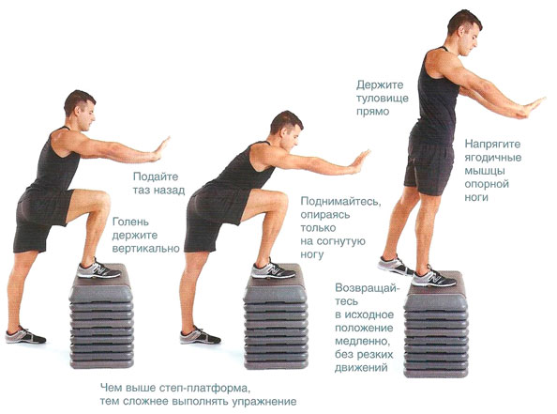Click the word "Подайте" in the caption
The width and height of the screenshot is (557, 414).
156,176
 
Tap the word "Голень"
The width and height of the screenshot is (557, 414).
130,222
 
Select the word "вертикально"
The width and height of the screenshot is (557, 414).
146,248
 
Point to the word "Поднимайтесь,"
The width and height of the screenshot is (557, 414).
341,202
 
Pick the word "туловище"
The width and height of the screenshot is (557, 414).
383,99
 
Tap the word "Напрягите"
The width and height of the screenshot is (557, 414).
492,144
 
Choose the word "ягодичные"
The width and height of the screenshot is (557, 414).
493,158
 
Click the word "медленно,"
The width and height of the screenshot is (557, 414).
363,342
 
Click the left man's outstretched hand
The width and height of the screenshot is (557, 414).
160,148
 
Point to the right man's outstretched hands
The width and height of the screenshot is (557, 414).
530,108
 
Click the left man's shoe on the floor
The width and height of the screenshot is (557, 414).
25,335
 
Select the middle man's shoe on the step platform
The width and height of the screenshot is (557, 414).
273,270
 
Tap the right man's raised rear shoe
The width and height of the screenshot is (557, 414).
395,266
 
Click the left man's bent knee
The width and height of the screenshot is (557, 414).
103,200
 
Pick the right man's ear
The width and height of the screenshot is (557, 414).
461,31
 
